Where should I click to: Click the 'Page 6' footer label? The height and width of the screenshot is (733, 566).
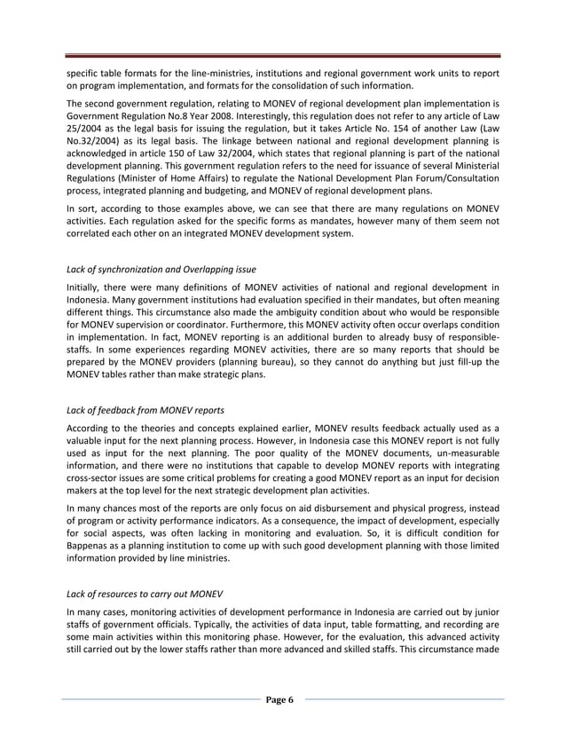tap(282, 700)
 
